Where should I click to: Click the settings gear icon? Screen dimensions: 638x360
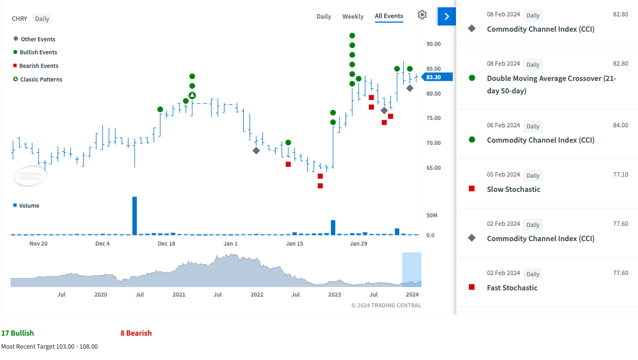(422, 15)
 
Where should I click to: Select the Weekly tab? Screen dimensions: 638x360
(353, 16)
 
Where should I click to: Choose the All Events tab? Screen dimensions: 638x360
(389, 16)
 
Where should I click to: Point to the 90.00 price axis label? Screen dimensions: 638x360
(433, 44)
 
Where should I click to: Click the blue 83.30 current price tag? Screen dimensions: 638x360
(437, 77)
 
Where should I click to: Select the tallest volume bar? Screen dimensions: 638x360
(135, 216)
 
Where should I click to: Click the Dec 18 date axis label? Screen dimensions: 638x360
(166, 243)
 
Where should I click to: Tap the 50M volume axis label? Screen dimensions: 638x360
(432, 216)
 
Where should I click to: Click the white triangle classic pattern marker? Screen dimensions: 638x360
(192, 96)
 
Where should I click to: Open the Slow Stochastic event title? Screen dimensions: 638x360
(514, 190)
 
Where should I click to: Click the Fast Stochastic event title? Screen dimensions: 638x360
(512, 288)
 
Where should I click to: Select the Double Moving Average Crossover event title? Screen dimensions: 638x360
(551, 84)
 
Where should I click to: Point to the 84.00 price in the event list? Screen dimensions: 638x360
(620, 126)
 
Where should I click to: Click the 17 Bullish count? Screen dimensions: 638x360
(18, 333)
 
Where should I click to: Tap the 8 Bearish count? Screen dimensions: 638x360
(136, 333)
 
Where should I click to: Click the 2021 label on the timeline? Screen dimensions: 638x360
(179, 294)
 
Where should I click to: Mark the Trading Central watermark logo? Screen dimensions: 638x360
(31, 177)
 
